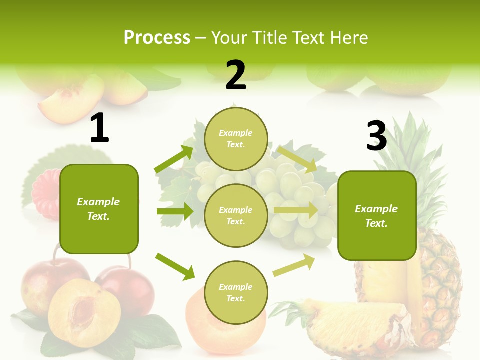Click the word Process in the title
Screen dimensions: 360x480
pos(157,37)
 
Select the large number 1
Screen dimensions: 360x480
pos(99,128)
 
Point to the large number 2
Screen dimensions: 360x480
pos(236,75)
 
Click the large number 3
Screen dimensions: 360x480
pos(376,136)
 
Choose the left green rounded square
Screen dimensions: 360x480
pos(99,209)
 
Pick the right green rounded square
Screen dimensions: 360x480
pos(377,215)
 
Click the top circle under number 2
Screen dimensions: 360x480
pos(236,139)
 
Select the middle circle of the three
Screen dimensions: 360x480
pos(236,215)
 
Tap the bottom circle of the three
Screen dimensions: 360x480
pos(236,292)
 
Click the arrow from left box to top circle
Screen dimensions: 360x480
pos(174,159)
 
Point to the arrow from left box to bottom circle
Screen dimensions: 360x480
pos(175,266)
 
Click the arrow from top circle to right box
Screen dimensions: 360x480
pos(297,158)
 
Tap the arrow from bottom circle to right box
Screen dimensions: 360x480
pos(294,265)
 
